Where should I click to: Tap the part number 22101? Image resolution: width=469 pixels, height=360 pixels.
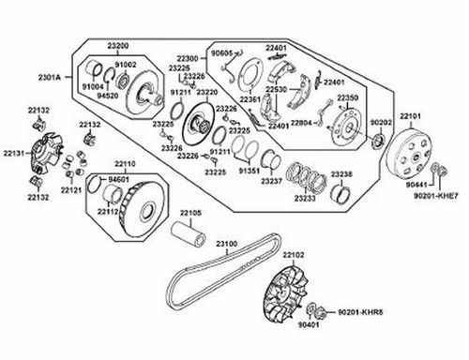tap(414, 115)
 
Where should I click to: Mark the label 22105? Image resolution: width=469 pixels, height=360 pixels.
tap(191, 213)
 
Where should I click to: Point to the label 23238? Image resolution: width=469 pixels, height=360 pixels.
tap(341, 174)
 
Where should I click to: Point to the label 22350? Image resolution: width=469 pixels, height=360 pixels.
tap(347, 97)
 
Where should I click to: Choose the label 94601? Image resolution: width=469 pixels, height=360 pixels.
tap(119, 177)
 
